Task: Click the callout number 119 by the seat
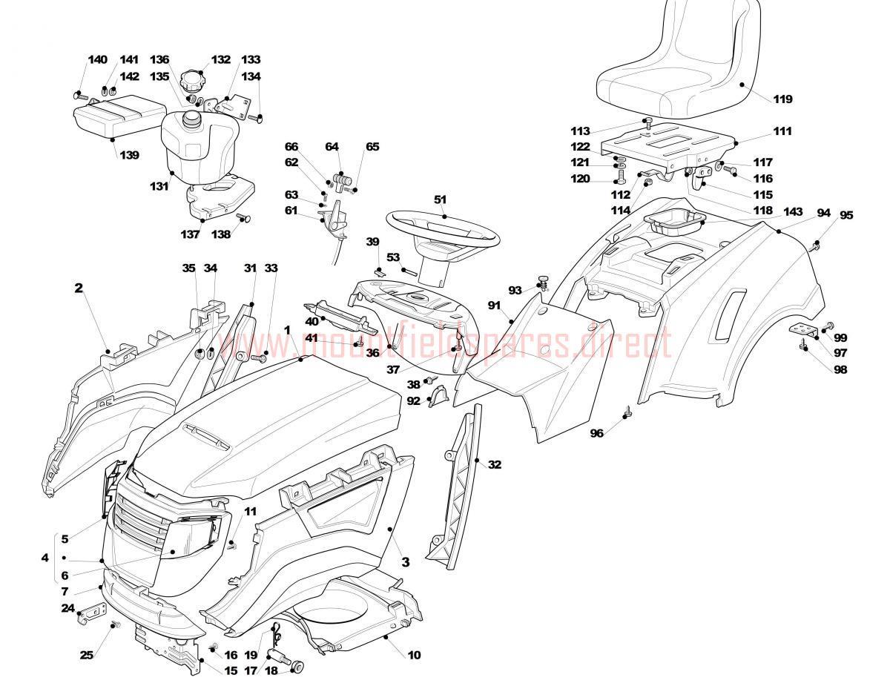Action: click(x=782, y=99)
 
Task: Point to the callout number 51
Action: click(x=440, y=199)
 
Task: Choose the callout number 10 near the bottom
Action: click(x=414, y=655)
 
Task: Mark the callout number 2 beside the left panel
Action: click(x=79, y=288)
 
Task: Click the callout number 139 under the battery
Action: click(x=130, y=155)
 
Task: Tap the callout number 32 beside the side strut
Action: click(x=495, y=464)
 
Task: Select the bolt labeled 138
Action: click(x=243, y=217)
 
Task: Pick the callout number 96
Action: click(x=597, y=433)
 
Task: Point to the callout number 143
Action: click(x=793, y=212)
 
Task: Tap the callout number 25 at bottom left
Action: click(x=87, y=655)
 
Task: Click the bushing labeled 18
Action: click(x=297, y=665)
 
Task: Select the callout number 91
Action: click(x=494, y=306)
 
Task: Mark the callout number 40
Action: click(x=311, y=322)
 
